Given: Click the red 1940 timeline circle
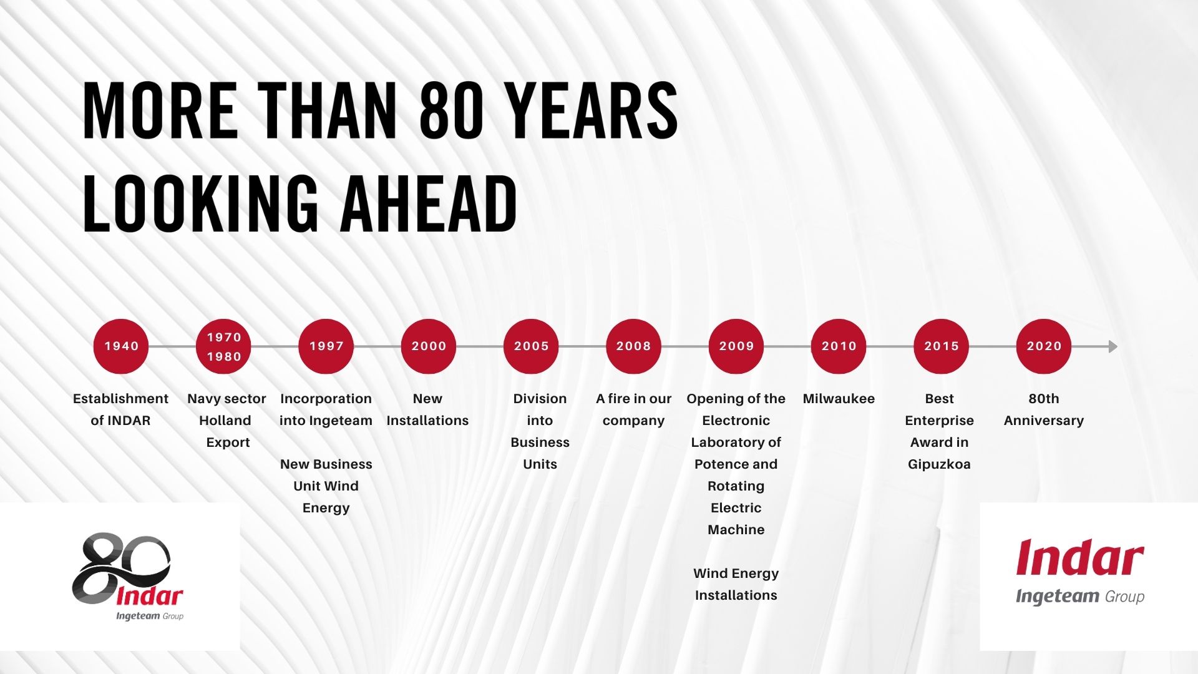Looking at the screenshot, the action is point(121,346).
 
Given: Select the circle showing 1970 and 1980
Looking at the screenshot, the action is point(223,346).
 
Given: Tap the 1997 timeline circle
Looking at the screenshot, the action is point(326,346).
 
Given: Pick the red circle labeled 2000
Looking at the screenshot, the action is point(429,346).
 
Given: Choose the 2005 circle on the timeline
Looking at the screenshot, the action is point(531,346).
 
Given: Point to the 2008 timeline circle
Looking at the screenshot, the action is point(633,346).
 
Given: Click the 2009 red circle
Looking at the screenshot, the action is point(736,346).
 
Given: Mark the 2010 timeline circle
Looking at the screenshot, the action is point(839,346).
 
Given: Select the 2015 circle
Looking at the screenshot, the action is point(941,346).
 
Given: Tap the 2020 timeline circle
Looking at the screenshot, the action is point(1044,346).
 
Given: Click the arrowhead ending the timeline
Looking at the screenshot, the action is point(1113,346).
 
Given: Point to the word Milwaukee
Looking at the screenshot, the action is point(839,399).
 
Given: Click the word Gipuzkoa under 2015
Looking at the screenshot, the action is point(939,465).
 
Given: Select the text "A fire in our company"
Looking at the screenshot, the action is point(633,410).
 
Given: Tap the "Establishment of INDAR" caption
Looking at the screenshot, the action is point(120,409).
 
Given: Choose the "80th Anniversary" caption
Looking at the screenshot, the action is point(1044,409).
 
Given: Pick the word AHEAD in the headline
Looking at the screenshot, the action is point(429,203).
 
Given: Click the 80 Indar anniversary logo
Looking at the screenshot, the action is point(128,577).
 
